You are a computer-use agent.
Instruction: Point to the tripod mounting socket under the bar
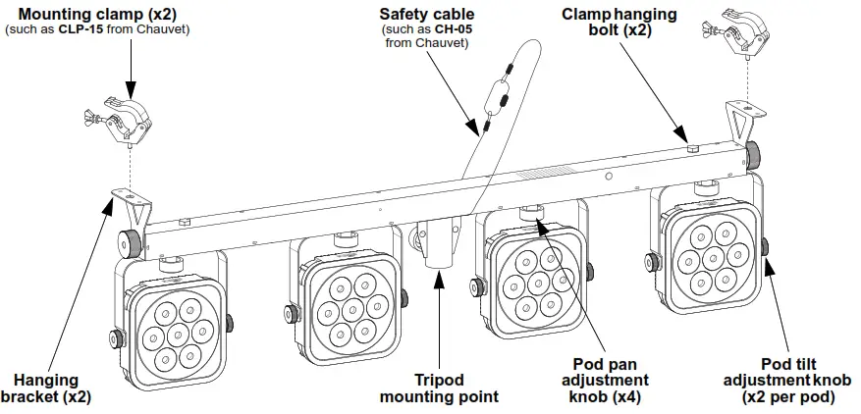pos(438,251)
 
